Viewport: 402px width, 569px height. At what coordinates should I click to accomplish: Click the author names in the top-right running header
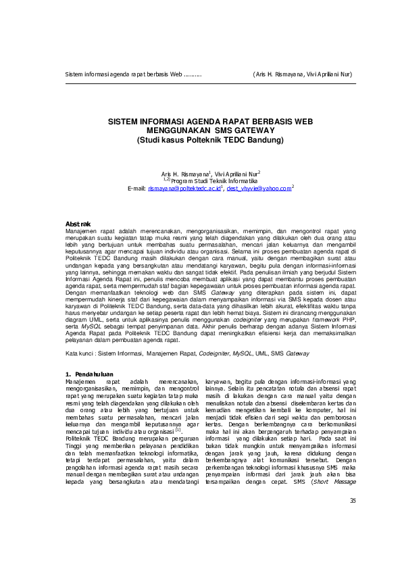pos(303,74)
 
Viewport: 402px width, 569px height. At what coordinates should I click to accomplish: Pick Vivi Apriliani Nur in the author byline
pos(232,174)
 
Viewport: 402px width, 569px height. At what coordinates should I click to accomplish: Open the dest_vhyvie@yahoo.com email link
pos(259,189)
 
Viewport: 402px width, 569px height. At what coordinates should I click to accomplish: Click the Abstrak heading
pos(78,223)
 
